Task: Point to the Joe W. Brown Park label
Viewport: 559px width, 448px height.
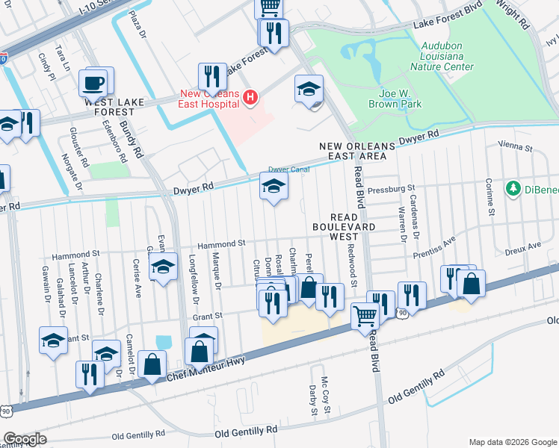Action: pyautogui.click(x=395, y=99)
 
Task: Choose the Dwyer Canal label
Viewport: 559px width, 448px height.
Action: pyautogui.click(x=288, y=169)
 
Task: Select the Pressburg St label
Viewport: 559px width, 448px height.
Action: pyautogui.click(x=391, y=189)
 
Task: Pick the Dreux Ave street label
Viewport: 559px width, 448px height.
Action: pyautogui.click(x=523, y=245)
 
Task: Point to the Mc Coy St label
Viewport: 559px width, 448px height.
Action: pyautogui.click(x=325, y=389)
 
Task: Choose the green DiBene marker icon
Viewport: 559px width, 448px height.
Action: pyautogui.click(x=513, y=187)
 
